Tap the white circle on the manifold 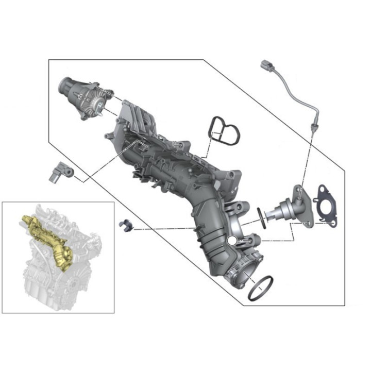232,240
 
